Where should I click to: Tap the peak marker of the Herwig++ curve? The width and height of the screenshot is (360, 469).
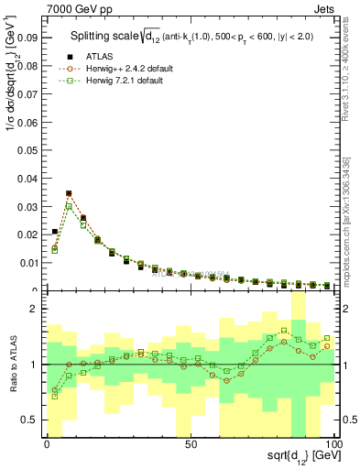pyautogui.click(x=69, y=194)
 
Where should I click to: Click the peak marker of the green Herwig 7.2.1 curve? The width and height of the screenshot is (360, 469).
pyautogui.click(x=69, y=207)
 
